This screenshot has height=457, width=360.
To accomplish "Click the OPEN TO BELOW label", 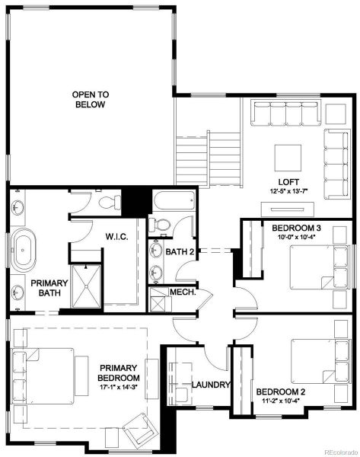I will coord(91,100).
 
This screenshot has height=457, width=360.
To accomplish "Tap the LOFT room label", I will coord(288,181).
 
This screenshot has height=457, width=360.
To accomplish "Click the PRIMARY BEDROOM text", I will coord(119,372).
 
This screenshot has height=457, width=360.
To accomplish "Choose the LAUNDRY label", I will coord(211,385).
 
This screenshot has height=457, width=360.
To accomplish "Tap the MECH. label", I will coord(183,292).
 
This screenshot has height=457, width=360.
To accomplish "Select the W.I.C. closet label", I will coord(116,237).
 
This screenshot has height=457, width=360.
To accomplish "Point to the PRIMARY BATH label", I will coord(49,288).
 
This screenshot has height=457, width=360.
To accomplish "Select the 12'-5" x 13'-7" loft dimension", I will coord(288,191).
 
